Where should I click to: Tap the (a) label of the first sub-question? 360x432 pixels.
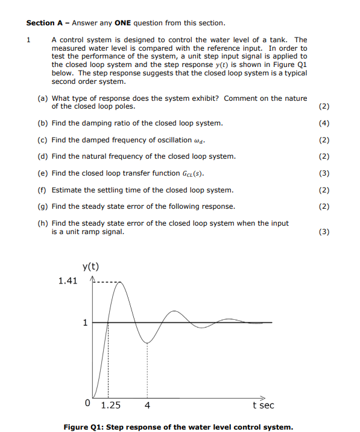[x=43, y=98]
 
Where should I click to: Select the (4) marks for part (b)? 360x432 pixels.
[x=323, y=123]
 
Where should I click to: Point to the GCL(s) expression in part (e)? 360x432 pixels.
[x=192, y=173]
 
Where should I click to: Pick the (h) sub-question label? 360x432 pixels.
[x=43, y=223]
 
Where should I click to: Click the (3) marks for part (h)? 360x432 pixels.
[x=323, y=231]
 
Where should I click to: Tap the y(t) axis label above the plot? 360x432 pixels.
[x=90, y=266]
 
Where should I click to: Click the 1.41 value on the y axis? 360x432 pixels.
[x=68, y=281]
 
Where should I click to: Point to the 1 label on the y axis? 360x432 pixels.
[x=85, y=322]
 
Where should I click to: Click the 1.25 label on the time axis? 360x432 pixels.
[x=110, y=405]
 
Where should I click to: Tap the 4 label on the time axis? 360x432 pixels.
[x=147, y=405]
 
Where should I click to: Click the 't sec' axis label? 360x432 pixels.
[x=263, y=405]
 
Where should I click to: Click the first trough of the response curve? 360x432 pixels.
[x=147, y=343]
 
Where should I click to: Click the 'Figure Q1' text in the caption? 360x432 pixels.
[x=86, y=427]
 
